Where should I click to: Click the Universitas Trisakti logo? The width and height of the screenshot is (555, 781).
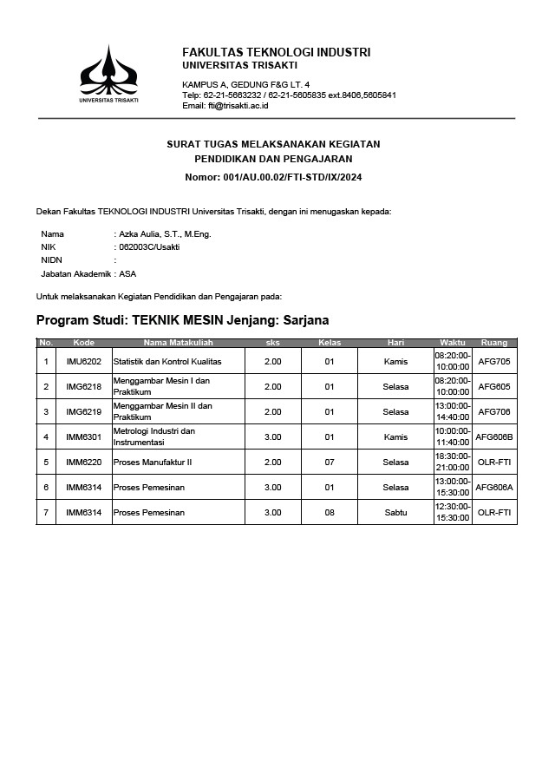108,75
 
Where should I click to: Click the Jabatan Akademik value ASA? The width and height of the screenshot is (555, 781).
127,273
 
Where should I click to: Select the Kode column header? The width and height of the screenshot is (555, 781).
83,343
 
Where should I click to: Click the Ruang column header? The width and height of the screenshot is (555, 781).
494,343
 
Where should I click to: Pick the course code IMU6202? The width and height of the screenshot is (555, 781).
83,361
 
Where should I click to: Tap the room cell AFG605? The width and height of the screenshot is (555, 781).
494,386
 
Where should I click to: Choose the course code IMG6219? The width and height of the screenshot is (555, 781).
83,411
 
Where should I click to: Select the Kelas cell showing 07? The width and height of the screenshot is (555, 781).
330,463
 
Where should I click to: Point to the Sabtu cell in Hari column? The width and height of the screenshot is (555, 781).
395,513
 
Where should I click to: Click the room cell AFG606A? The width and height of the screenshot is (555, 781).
494,488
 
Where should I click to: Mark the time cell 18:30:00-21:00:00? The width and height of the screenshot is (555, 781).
452,463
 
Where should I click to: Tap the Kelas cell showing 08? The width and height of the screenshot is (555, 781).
330,513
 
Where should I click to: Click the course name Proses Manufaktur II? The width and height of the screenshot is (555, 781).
153,463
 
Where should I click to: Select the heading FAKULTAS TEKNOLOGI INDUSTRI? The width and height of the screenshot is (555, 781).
276,52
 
